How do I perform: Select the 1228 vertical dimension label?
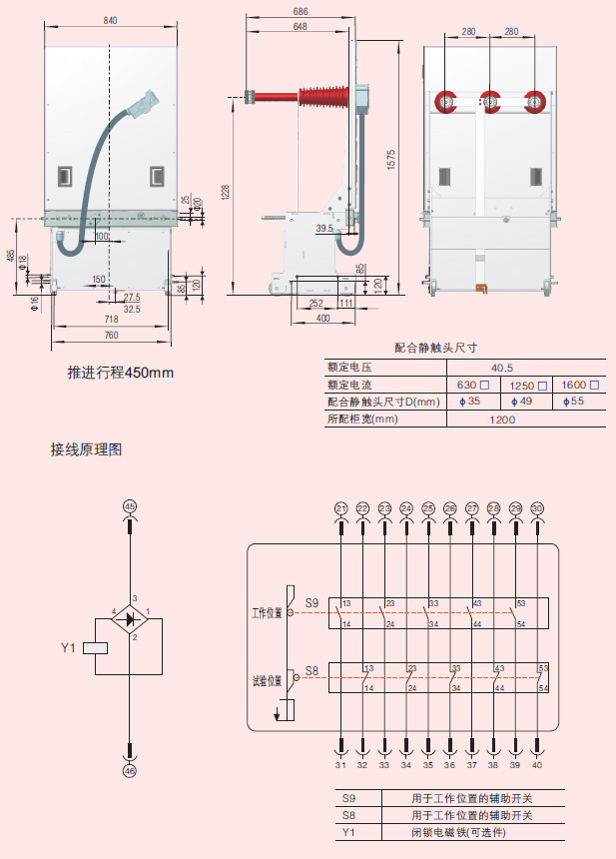click(227, 191)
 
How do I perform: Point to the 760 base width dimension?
click(111, 335)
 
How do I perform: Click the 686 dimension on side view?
click(301, 11)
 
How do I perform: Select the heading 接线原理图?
click(86, 450)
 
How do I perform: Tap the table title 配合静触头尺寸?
click(435, 349)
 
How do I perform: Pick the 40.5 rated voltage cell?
click(502, 368)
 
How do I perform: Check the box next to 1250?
click(543, 386)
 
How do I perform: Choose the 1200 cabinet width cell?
click(502, 420)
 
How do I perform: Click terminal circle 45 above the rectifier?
click(129, 507)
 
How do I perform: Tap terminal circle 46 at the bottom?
click(129, 771)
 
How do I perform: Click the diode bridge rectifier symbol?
click(130, 618)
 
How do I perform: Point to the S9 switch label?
click(311, 603)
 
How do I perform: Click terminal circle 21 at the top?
click(341, 508)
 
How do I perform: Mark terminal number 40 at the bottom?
click(538, 765)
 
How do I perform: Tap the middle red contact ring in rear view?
click(489, 100)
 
